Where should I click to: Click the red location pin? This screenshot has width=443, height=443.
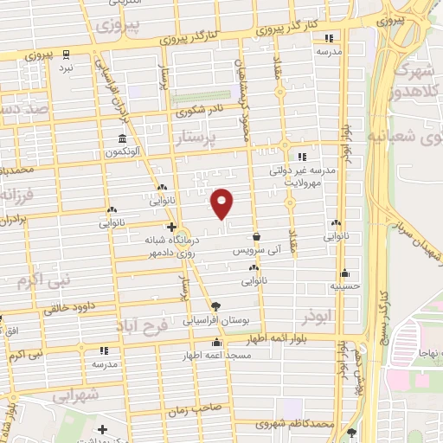tap(222, 202)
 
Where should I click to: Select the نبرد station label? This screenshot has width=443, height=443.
tap(67, 65)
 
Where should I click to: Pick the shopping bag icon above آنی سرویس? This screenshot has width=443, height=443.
tap(255, 236)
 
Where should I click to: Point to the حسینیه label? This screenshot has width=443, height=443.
tap(345, 285)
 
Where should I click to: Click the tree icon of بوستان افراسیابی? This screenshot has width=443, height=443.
tap(215, 306)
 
